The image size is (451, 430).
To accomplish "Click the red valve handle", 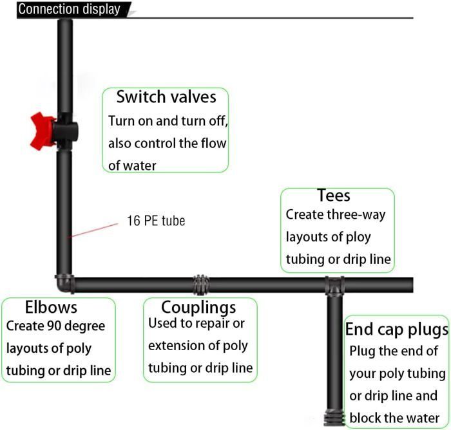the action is (x=43, y=131).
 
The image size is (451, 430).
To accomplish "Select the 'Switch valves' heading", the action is (x=166, y=97).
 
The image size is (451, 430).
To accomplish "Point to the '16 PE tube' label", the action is (x=156, y=221).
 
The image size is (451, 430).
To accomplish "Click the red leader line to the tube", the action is (x=93, y=230).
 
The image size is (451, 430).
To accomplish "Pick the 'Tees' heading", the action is (x=334, y=196).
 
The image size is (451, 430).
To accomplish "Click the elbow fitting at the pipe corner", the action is (x=64, y=283).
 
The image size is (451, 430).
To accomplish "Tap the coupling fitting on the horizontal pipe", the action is (x=201, y=285).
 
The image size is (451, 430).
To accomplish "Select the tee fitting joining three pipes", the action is (x=334, y=285).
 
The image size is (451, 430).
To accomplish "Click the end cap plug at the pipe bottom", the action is (x=334, y=417).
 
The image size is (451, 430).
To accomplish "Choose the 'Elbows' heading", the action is (x=51, y=307).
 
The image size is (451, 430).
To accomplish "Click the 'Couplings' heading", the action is (x=198, y=308).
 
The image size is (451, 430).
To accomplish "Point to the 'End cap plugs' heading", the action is (x=397, y=330).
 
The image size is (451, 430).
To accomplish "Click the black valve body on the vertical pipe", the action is (x=65, y=131).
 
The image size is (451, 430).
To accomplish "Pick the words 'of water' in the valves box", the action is (x=132, y=165).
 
